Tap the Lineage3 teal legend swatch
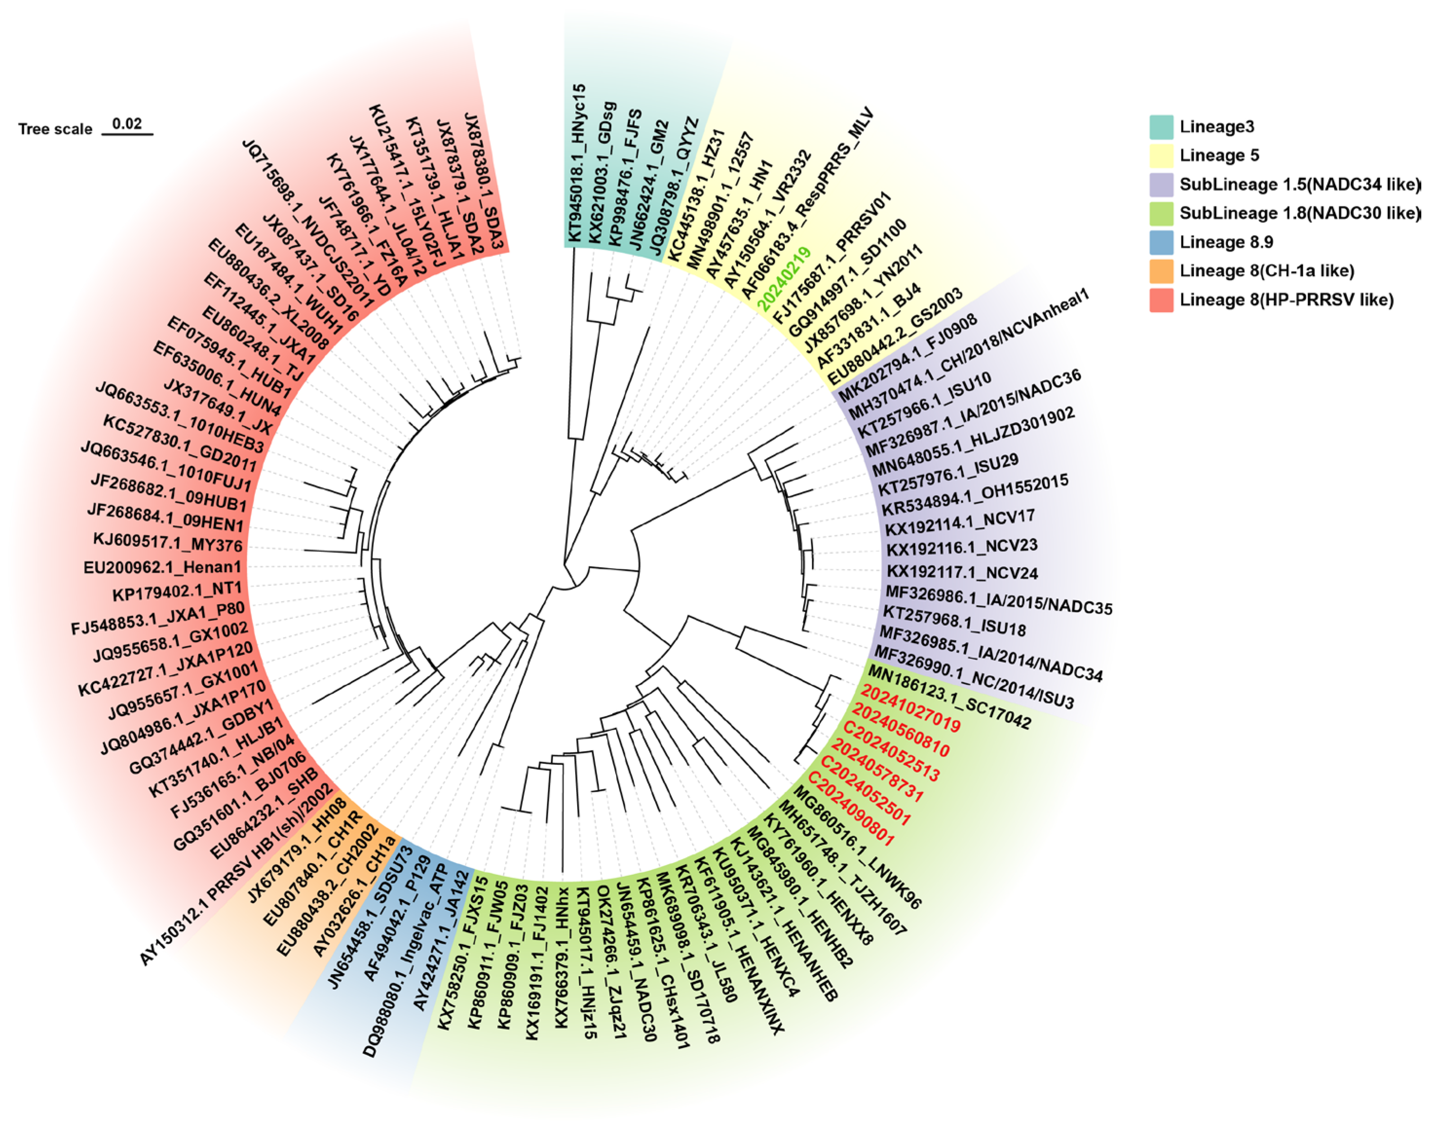coord(1161,127)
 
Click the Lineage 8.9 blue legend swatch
coord(1161,242)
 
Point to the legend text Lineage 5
coord(1219,156)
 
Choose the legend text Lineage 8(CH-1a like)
coord(1266,271)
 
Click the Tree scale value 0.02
coord(127,123)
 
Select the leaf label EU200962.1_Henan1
coord(162,567)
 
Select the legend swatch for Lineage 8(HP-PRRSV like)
coord(1161,300)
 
